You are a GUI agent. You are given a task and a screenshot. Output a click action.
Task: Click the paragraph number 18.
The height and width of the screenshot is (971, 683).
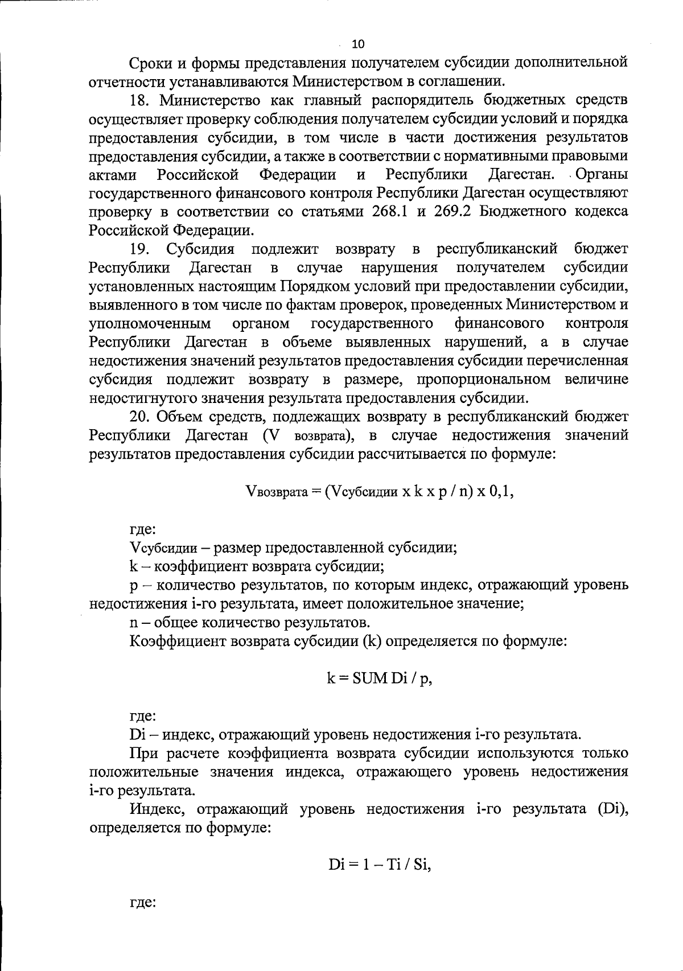pos(141,100)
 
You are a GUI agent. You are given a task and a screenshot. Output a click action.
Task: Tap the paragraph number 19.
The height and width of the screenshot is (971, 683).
pos(141,249)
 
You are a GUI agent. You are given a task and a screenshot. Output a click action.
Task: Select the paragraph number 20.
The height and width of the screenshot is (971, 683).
pos(141,416)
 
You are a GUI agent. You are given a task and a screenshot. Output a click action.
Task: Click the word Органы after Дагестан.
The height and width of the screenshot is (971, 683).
pos(603,174)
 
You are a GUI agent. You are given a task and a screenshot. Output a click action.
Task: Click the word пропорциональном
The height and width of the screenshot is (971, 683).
pos(483,379)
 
